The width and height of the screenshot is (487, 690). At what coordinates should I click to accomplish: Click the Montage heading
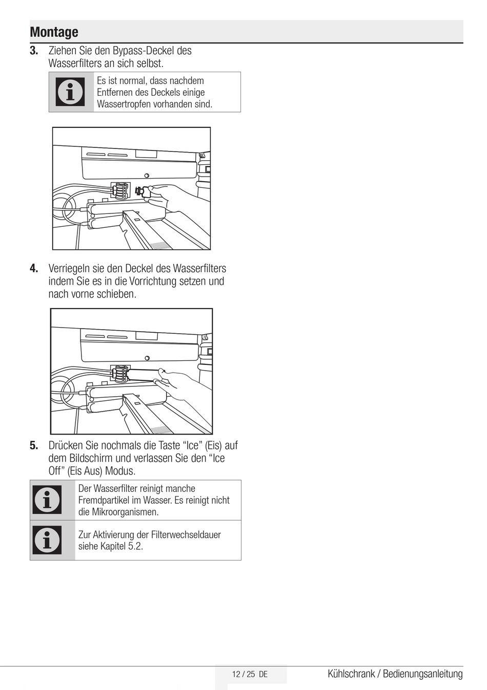pos(54,32)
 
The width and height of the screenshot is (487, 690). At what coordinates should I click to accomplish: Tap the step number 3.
pos(34,51)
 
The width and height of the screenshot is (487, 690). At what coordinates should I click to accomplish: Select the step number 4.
pos(34,268)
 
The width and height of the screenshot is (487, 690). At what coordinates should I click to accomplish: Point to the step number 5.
pos(34,445)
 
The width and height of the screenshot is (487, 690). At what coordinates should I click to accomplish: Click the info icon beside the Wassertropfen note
pos(71,92)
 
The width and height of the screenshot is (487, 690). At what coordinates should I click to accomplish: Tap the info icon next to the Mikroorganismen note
pos(47,500)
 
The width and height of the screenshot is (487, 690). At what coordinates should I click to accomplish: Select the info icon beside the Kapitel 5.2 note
pos(47,540)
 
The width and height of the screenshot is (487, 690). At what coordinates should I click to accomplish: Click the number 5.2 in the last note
pos(135,546)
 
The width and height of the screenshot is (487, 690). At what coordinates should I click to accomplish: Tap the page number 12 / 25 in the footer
pos(243,674)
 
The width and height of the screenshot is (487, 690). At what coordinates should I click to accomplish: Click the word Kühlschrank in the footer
pos(351,674)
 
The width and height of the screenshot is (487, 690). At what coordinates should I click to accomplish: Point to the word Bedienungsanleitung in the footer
pos(422,674)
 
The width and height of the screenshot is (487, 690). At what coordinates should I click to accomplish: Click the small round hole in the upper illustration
pos(147,175)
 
